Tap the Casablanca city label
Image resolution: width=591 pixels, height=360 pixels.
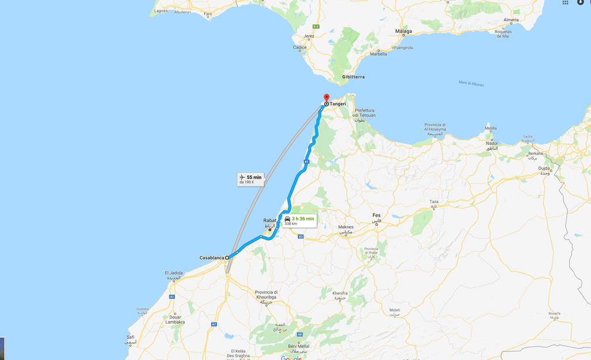click(211, 257)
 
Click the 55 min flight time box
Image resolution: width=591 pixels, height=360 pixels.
click(250, 179)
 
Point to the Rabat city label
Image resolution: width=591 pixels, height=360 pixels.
click(270, 220)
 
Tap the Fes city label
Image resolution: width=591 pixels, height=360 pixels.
click(376, 215)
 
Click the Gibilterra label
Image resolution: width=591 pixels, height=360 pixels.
click(353, 77)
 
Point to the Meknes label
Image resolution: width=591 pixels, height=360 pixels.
click(346, 227)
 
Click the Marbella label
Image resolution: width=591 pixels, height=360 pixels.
click(379, 54)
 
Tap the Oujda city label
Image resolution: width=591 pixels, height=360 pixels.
click(544, 168)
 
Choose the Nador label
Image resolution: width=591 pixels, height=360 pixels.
click(491, 143)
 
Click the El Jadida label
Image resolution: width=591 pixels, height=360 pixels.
click(173, 273)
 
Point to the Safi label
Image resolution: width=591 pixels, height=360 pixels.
click(130, 337)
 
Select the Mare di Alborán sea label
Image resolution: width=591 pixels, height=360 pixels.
click(471, 84)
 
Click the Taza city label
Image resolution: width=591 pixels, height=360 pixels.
click(434, 202)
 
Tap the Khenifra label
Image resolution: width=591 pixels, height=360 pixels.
click(340, 293)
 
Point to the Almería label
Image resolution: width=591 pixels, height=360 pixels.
click(511, 20)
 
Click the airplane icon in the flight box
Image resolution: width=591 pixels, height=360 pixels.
click(242, 177)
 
